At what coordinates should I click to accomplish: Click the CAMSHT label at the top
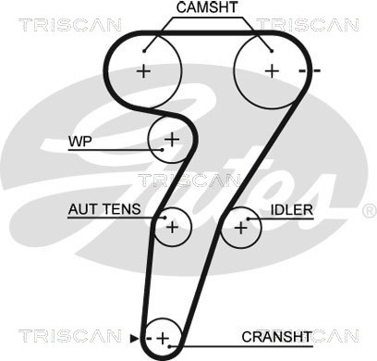pyautogui.click(x=207, y=7)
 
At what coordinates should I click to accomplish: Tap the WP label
pyautogui.click(x=80, y=142)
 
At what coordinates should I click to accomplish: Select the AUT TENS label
pyautogui.click(x=104, y=209)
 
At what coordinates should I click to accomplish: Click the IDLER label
pyautogui.click(x=292, y=210)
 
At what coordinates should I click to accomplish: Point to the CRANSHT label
pyautogui.click(x=276, y=337)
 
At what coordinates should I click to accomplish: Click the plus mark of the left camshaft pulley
pyautogui.click(x=143, y=71)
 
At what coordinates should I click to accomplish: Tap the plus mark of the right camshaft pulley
pyautogui.click(x=272, y=71)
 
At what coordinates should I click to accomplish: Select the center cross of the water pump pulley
pyautogui.click(x=172, y=140)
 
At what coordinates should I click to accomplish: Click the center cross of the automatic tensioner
pyautogui.click(x=172, y=228)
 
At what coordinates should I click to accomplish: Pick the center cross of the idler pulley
pyautogui.click(x=241, y=229)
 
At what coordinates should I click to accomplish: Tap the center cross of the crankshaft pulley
pyautogui.click(x=163, y=339)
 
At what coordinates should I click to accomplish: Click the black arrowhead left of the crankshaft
pyautogui.click(x=134, y=339)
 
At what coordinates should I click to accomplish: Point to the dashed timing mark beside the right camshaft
pyautogui.click(x=310, y=71)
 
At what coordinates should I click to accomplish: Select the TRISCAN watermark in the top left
pyautogui.click(x=70, y=25)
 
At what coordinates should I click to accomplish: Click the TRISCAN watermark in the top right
pyautogui.click(x=308, y=25)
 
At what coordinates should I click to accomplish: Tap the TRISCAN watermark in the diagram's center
pyautogui.click(x=188, y=180)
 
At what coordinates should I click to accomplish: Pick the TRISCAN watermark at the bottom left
pyautogui.click(x=70, y=336)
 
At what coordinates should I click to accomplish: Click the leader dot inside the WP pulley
pyautogui.click(x=162, y=150)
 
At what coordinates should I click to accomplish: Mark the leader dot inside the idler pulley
pyautogui.click(x=248, y=219)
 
